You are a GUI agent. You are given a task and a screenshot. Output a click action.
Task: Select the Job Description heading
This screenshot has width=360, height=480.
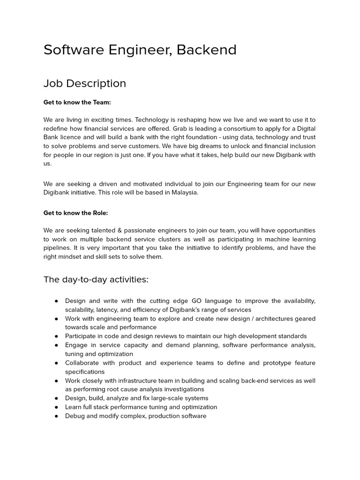[x=85, y=83]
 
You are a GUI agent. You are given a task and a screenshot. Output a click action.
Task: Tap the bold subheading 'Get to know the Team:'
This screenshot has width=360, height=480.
[x=77, y=102]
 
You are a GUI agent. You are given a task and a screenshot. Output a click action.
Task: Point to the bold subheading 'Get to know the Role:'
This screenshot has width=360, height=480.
[x=75, y=213]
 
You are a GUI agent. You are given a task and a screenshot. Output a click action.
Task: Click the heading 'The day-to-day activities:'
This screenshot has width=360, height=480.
[x=96, y=280]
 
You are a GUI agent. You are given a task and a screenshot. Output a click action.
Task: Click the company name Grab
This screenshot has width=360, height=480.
[x=180, y=128]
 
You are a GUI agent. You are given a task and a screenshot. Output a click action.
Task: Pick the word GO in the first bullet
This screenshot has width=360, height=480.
[x=196, y=301]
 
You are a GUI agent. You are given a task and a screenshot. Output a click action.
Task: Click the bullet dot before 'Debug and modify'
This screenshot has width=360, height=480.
[x=56, y=416]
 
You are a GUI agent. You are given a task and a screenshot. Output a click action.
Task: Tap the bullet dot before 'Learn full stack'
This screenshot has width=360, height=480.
[x=56, y=407]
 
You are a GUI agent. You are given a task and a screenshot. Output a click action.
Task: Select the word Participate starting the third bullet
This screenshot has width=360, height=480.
[x=82, y=336]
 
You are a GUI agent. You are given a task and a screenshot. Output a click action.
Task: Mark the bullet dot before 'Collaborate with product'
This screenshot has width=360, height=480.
[x=56, y=363]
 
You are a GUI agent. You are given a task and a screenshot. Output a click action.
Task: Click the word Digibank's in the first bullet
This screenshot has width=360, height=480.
[x=193, y=310]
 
